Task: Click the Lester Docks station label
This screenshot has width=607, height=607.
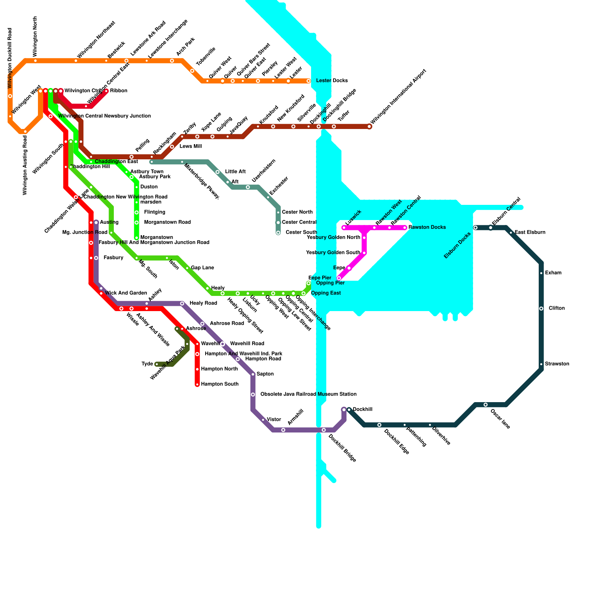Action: [x=332, y=81]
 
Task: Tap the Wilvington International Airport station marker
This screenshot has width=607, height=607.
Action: [x=370, y=127]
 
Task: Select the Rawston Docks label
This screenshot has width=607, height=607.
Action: [x=427, y=228]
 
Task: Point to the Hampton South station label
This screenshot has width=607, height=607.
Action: [x=220, y=384]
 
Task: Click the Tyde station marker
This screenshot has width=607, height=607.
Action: [x=157, y=364]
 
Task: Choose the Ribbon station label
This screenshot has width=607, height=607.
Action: [x=119, y=91]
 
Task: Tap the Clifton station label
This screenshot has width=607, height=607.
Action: [x=557, y=308]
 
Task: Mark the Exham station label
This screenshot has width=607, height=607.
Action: [x=553, y=273]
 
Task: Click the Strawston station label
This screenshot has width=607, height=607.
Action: [x=557, y=364]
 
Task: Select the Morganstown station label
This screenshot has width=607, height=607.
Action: [x=157, y=237]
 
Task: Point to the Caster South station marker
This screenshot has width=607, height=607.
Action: [x=278, y=233]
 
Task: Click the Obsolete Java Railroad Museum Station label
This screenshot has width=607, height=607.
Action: [x=308, y=395]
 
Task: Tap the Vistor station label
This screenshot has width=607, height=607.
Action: [x=274, y=420]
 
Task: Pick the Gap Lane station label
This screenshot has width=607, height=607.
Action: [x=202, y=268]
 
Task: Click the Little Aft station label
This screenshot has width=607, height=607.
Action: [x=235, y=172]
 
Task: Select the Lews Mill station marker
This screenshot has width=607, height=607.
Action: [x=172, y=147]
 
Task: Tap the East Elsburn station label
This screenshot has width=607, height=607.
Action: [x=530, y=233]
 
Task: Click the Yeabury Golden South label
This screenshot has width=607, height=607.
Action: [x=333, y=253]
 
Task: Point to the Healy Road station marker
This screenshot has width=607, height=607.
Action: [x=182, y=303]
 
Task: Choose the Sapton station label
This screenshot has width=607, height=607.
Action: [x=265, y=374]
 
